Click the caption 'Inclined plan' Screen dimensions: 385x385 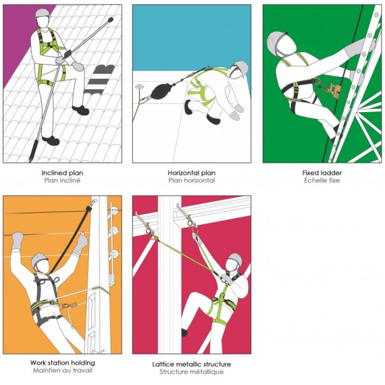pos(62,173)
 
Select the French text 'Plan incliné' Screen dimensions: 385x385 pos(62,180)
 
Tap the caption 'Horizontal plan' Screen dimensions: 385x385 pos(192,173)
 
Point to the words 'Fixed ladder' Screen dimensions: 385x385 pos(322,173)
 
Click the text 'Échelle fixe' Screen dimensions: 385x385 pos(322,180)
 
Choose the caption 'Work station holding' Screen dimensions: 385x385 pos(63,363)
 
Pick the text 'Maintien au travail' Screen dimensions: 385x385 pos(63,371)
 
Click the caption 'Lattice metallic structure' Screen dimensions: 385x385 pos(192,364)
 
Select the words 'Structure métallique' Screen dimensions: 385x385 pos(192,372)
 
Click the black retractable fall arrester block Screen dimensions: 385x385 pos(161,91)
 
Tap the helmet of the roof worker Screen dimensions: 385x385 pos(43,14)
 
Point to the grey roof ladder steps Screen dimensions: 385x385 pos(99,79)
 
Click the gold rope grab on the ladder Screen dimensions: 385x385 pos(336,91)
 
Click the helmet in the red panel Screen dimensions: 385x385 pos(235,259)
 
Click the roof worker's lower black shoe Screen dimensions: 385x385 pos(51,140)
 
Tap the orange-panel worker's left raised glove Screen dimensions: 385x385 pos(18,238)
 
